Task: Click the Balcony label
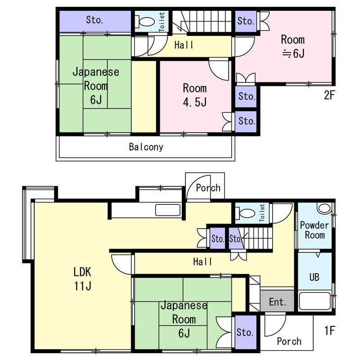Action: pos(146,147)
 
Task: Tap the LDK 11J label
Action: pos(82,279)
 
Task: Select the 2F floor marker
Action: pos(330,95)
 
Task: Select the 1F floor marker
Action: pos(330,331)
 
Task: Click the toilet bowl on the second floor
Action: pos(145,22)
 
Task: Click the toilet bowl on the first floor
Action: pos(245,213)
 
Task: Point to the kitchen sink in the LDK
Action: pos(168,210)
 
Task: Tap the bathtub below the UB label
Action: pos(315,301)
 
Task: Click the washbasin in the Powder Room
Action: pos(324,208)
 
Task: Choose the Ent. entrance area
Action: pos(277,301)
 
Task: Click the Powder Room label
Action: pos(315,230)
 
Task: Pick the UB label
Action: pos(314,277)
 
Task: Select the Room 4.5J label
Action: pos(195,95)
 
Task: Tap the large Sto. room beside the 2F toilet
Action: pos(95,21)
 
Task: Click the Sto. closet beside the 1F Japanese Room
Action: pos(246,333)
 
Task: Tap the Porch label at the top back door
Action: pos(208,188)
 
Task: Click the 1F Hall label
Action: pos(202,262)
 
